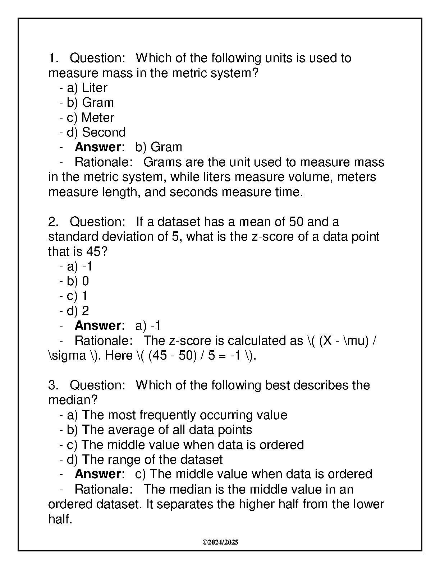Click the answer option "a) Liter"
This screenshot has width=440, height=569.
[87, 88]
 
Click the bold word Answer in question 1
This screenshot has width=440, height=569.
[97, 147]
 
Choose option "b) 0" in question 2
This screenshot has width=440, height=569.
[78, 281]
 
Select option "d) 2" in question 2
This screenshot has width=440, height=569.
[78, 311]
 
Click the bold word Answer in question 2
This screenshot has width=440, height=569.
[97, 325]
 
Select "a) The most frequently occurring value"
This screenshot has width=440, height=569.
[177, 415]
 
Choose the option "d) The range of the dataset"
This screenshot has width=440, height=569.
[145, 459]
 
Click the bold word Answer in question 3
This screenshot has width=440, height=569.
[97, 474]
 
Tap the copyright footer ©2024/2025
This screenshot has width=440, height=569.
[220, 542]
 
